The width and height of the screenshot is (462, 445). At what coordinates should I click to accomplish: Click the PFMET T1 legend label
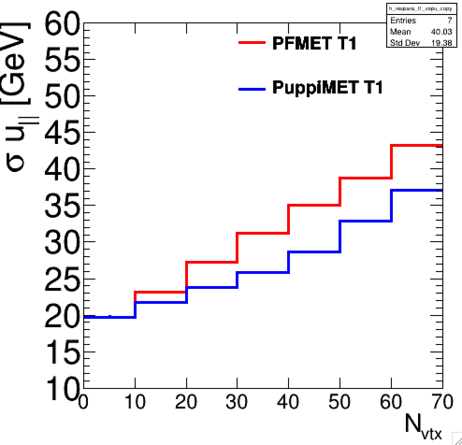pyautogui.click(x=314, y=43)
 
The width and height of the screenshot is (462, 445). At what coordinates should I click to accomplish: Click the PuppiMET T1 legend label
pyautogui.click(x=327, y=87)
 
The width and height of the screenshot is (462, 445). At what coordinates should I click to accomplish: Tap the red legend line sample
pyautogui.click(x=252, y=43)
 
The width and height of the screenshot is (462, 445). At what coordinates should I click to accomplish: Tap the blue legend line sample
pyautogui.click(x=252, y=88)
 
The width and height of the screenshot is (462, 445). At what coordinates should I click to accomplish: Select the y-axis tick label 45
pyautogui.click(x=63, y=133)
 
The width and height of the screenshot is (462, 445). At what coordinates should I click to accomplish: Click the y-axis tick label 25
pyautogui.click(x=63, y=279)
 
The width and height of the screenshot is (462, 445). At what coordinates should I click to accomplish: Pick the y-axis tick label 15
pyautogui.click(x=63, y=352)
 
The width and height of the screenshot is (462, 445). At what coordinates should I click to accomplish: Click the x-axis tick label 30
pyautogui.click(x=238, y=402)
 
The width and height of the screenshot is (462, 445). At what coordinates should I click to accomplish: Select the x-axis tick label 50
pyautogui.click(x=340, y=402)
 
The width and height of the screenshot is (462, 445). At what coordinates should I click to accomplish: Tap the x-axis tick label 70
pyautogui.click(x=441, y=402)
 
